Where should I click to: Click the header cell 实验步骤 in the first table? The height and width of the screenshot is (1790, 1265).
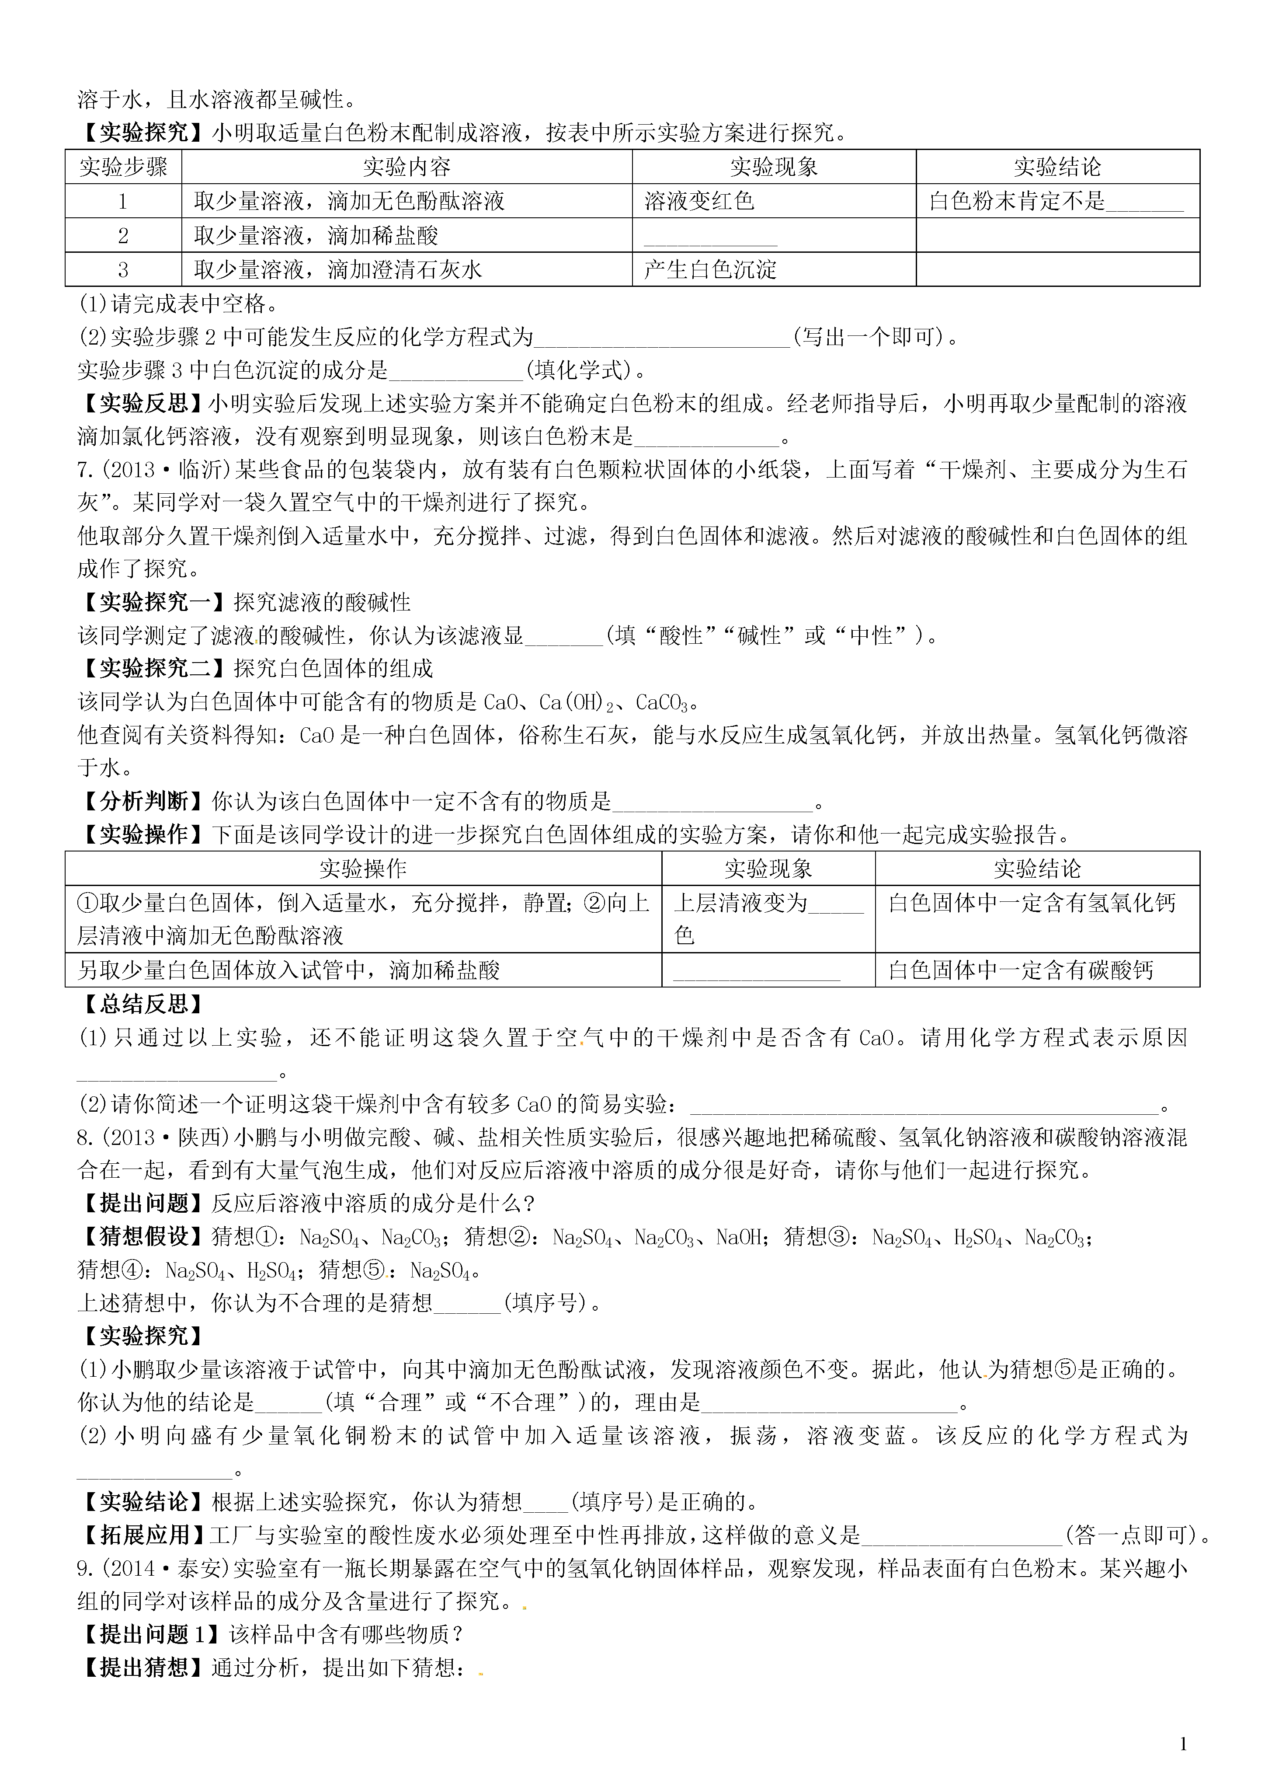click(x=123, y=167)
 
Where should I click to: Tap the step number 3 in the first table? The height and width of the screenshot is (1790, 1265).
click(x=123, y=270)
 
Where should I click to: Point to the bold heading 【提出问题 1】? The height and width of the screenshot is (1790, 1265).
click(x=150, y=1634)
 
